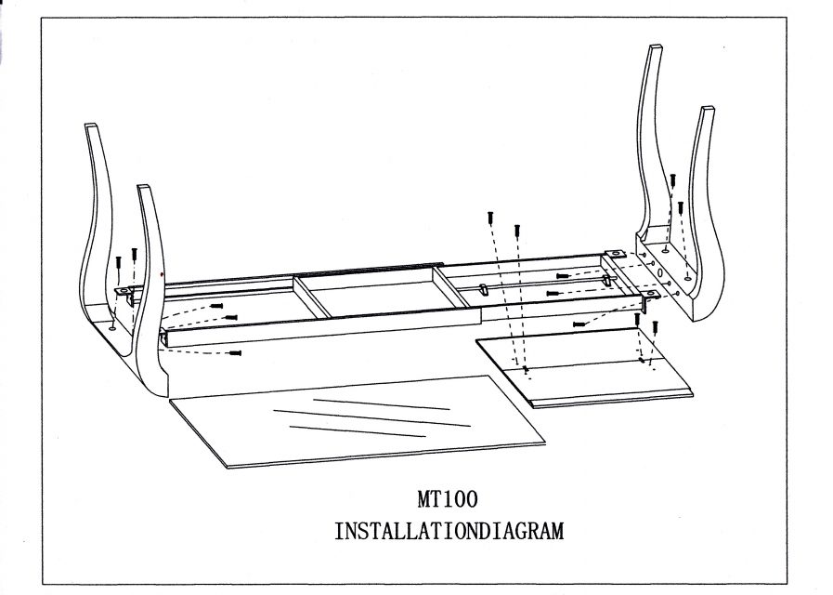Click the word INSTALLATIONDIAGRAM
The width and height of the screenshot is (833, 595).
pos(449,532)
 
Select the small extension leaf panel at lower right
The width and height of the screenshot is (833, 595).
pos(585,369)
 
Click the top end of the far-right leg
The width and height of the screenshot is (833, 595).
pos(709,111)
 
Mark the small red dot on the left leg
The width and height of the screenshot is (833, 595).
pos(162,275)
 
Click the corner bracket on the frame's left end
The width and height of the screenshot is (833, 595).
pos(124,291)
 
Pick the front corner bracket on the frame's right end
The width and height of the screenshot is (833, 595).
pos(650,295)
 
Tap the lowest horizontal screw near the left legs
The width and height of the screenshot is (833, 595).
pos(235,353)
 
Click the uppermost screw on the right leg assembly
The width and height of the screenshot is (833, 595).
pos(673,179)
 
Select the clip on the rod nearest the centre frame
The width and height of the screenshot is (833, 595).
pos(484,289)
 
